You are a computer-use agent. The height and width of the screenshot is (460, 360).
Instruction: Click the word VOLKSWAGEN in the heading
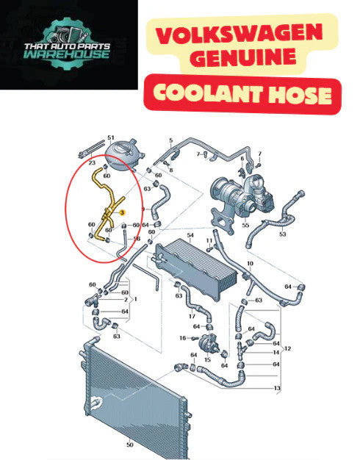coord(239,34)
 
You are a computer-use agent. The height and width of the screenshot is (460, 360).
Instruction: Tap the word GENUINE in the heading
coord(245,57)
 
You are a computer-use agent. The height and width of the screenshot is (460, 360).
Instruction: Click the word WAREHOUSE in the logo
coord(67,54)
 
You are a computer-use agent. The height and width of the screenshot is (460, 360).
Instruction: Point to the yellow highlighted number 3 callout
coord(123,212)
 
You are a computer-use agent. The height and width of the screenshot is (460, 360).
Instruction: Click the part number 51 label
coord(111,137)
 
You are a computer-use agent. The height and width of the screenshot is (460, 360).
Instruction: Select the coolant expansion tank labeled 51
coord(124,154)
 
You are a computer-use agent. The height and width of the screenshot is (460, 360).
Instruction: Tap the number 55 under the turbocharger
coord(245,225)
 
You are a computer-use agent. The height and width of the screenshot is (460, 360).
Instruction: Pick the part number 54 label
coord(190,235)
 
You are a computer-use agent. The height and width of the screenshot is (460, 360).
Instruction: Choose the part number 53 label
coord(282,234)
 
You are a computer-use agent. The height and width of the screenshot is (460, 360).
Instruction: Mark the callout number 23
coord(92,162)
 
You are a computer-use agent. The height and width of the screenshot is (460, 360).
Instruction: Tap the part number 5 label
coord(171,141)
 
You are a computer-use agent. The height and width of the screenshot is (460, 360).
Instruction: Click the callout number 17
coord(192,316)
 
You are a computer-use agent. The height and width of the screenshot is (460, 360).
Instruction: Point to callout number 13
coord(277,388)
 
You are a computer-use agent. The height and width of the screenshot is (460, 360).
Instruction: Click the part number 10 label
coord(250,264)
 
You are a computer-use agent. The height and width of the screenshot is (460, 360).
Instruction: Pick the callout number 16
coord(183,338)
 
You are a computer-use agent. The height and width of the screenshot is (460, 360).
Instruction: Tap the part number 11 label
coord(209,240)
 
